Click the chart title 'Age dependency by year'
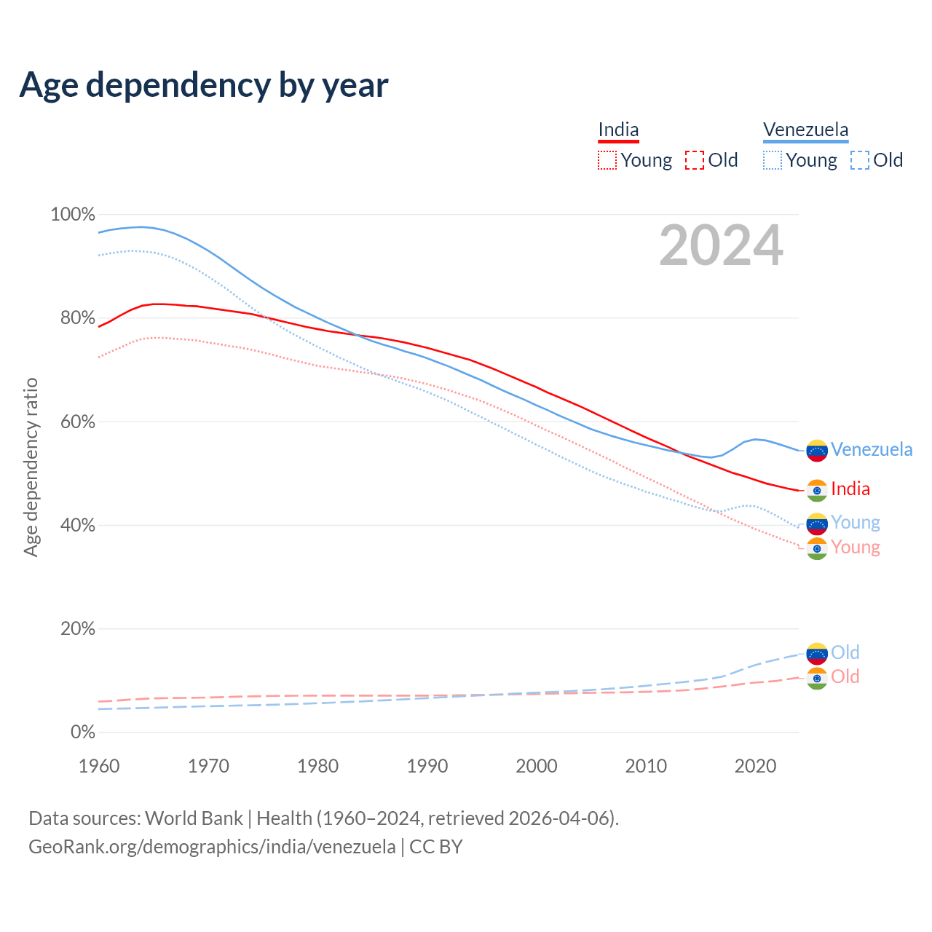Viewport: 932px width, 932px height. pos(204,85)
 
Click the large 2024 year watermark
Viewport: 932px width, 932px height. pos(721,246)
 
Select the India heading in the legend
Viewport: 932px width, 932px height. pos(618,130)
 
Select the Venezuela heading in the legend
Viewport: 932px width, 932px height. pos(805,130)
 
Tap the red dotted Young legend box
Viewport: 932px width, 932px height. pos(607,160)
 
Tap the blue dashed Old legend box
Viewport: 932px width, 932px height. pos(860,160)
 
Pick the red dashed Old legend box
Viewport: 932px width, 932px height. pos(695,160)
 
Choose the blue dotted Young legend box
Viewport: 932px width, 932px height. pos(773,160)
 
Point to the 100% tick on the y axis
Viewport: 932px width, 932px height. pos(73,215)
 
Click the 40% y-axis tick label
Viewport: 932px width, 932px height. pos(77,526)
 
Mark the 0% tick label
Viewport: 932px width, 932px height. pos(82,732)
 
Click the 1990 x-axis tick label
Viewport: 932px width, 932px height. pos(427,766)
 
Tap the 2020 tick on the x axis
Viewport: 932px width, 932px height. pos(755,766)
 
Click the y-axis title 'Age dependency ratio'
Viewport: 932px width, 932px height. pos(31,467)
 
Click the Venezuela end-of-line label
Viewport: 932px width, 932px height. pos(872,450)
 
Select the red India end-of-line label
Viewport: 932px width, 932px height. pos(850,489)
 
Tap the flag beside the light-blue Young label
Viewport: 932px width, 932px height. pos(817,524)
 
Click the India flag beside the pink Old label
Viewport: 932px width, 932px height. pos(817,678)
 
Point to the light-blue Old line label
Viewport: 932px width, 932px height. pos(845,652)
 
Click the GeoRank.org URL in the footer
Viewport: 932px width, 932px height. pos(212,847)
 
